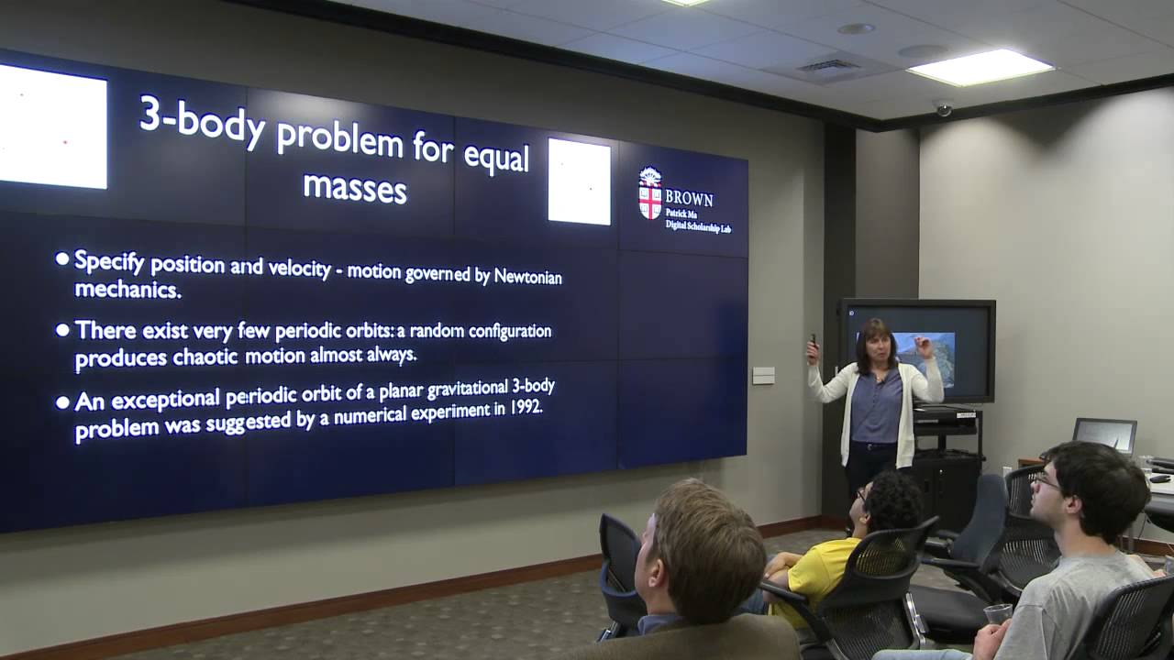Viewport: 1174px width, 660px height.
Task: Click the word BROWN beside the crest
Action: tap(689, 198)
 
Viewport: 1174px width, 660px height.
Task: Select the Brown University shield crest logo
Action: tap(650, 194)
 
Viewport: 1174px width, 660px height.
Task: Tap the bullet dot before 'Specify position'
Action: tap(62, 259)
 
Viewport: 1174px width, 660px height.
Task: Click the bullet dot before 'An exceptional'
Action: tap(62, 401)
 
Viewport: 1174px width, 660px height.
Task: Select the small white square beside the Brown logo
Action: tap(579, 181)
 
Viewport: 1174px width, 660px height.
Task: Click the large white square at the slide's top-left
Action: tap(52, 126)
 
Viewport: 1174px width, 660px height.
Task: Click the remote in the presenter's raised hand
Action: tap(812, 340)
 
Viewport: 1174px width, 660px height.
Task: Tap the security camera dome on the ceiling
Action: tap(943, 106)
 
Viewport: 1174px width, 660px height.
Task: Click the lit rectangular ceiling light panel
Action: tap(980, 67)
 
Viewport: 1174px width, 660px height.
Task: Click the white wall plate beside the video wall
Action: tap(763, 375)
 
